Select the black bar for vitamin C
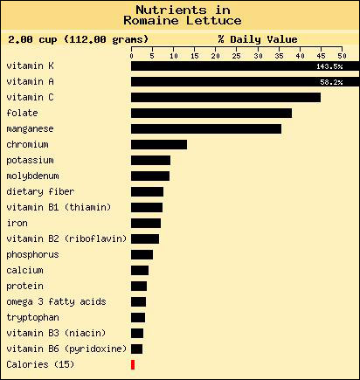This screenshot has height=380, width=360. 225,97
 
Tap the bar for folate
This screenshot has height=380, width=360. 211,113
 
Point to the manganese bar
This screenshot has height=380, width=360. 206,128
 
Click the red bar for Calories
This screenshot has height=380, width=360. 133,364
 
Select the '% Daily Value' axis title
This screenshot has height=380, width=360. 258,39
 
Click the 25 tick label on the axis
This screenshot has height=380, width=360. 237,54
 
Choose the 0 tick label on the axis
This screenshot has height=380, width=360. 132,54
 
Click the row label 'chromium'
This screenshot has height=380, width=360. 28,144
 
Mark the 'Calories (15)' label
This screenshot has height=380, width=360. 40,364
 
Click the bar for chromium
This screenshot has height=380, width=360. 159,144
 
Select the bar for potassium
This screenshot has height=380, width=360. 150,160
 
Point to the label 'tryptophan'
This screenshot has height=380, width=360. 32,317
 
